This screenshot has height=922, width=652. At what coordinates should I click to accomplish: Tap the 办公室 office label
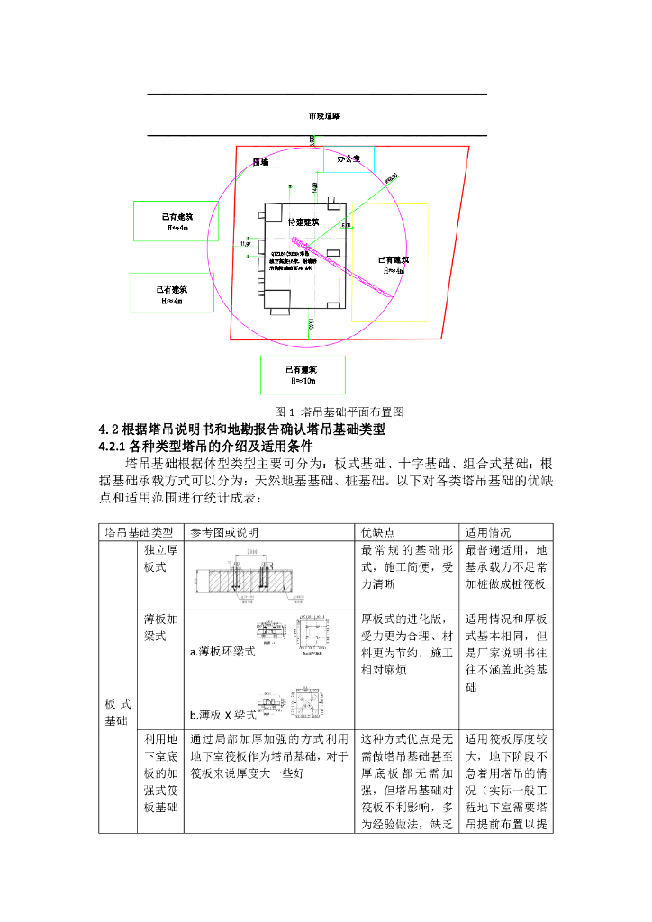tap(349, 158)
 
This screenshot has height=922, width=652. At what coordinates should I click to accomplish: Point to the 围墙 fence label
tap(261, 162)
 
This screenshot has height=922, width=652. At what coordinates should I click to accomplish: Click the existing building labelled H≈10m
tap(303, 375)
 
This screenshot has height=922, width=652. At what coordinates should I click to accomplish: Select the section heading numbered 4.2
tap(241, 428)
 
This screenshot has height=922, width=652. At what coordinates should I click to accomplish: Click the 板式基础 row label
tap(118, 711)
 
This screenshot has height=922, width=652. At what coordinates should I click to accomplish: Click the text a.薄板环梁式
tap(222, 652)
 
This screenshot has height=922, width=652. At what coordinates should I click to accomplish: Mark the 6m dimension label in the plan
tap(346, 226)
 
